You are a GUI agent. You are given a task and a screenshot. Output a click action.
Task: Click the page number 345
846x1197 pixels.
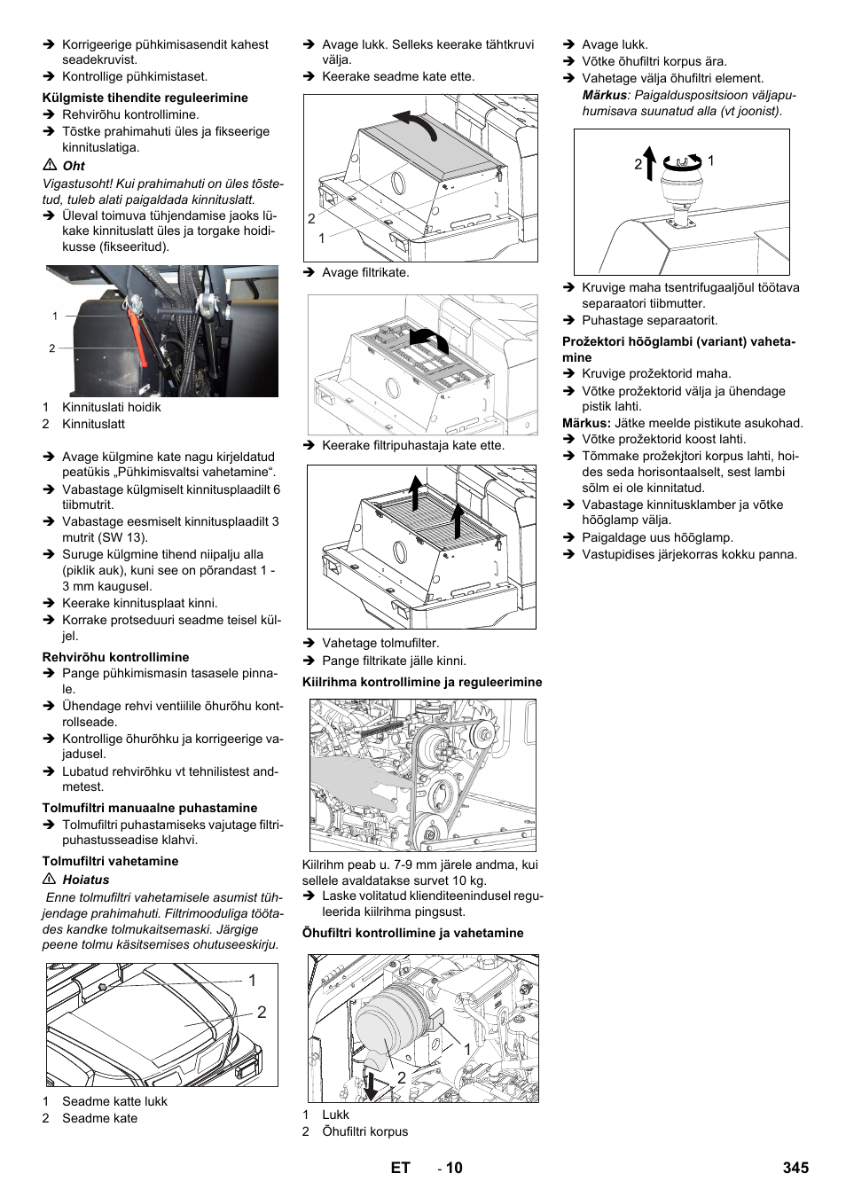pos(795,1168)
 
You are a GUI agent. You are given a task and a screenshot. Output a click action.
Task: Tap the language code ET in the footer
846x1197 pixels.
pos(400,1168)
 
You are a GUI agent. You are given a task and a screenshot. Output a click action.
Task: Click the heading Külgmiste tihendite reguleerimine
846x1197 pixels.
pos(145,98)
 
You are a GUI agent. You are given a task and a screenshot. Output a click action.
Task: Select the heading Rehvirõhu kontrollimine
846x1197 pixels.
pos(115,657)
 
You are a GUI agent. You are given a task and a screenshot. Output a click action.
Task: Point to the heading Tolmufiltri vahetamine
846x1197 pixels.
pos(110,861)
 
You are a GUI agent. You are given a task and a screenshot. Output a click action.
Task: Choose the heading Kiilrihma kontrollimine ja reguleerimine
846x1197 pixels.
pos(421,682)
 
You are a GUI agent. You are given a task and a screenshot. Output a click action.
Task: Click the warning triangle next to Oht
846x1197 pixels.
pos(50,166)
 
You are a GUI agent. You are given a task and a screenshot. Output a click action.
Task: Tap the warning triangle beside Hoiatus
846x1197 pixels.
pos(50,880)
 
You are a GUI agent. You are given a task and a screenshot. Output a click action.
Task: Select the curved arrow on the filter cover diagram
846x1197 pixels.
pos(430,339)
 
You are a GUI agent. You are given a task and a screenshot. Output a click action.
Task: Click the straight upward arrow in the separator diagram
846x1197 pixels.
pos(649,164)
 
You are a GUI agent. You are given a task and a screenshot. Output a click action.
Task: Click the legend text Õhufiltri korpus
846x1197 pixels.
pos(364,1131)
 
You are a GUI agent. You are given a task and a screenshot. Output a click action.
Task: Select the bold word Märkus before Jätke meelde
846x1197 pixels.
pos(585,423)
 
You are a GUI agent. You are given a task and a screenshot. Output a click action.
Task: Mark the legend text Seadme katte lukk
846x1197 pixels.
pos(114,1101)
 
